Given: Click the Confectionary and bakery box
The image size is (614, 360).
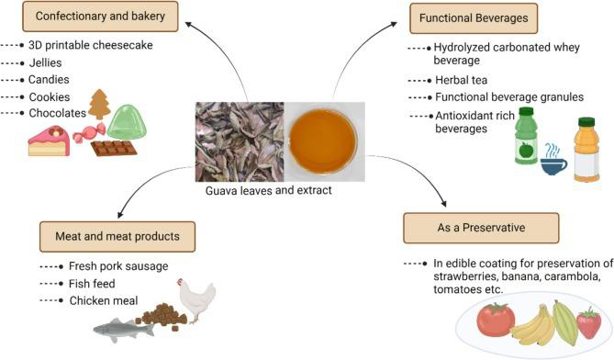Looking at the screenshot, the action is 100,17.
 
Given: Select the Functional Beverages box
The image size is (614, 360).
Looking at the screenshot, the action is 474,18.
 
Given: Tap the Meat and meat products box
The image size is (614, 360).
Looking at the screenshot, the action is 117,237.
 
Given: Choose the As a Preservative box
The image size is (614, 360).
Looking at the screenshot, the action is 481,228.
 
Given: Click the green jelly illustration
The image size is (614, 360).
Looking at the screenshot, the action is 127,121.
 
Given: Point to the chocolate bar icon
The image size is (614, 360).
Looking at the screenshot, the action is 114,148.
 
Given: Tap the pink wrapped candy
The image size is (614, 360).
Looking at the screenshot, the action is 89,132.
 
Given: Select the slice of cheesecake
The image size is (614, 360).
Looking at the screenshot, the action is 49,141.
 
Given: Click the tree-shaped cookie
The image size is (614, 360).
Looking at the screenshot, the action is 99,105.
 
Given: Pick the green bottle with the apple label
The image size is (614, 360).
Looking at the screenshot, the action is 526,136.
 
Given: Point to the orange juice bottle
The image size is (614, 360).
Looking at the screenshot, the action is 586,150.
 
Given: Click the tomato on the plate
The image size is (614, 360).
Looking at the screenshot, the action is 496,320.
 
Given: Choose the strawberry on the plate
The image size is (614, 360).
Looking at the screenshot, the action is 588,323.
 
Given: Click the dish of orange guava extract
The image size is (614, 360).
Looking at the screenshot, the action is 323,141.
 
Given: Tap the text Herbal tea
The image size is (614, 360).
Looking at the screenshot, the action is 462,80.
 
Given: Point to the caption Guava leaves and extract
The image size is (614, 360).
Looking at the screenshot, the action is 269,190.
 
